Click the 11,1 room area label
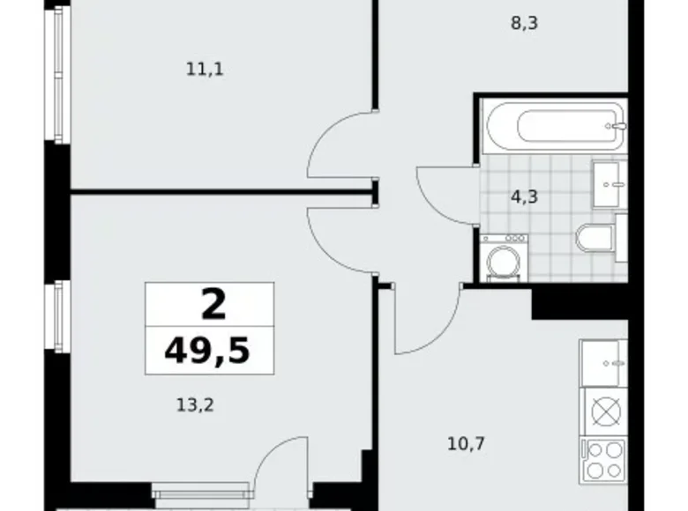204,69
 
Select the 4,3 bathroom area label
524,197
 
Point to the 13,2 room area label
196,405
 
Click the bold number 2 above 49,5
213,305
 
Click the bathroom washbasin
608,182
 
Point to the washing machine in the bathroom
505,257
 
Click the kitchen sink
603,361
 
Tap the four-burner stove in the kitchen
604,460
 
